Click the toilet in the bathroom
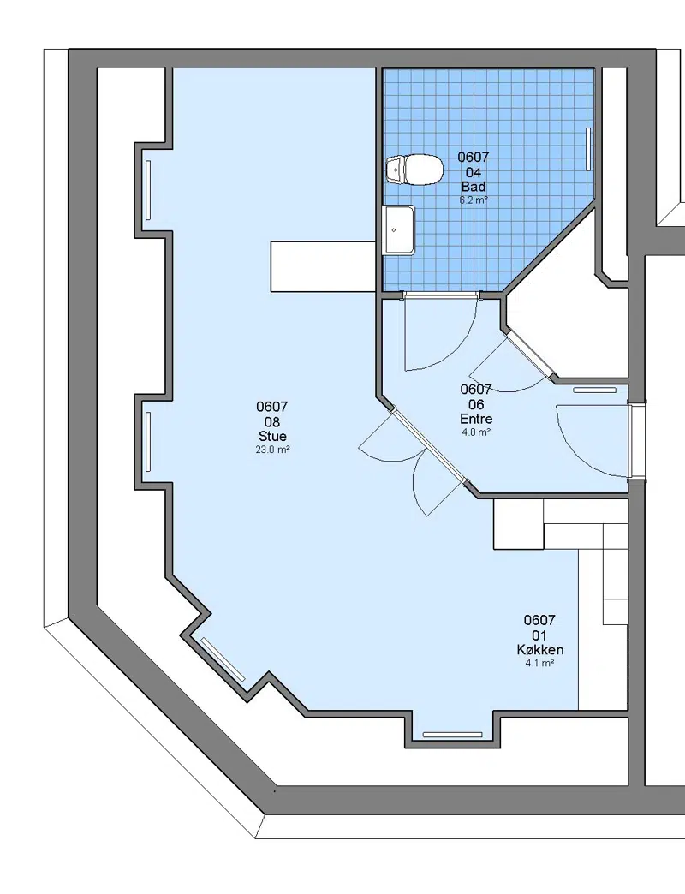[x=414, y=170]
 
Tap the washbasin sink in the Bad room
[x=400, y=229]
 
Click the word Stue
[x=272, y=436]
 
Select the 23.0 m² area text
[x=272, y=450]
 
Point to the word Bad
[x=474, y=187]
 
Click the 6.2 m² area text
[x=474, y=200]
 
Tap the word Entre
[x=476, y=419]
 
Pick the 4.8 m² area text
[x=476, y=432]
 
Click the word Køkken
[x=539, y=649]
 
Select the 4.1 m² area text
[x=539, y=663]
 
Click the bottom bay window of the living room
[x=452, y=735]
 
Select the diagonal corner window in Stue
[x=223, y=659]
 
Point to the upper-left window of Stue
[x=149, y=189]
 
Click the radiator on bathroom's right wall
[x=589, y=148]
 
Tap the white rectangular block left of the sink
[x=323, y=267]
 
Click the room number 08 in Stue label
[x=272, y=422]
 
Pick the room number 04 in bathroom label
[x=474, y=172]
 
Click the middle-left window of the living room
[x=148, y=441]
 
